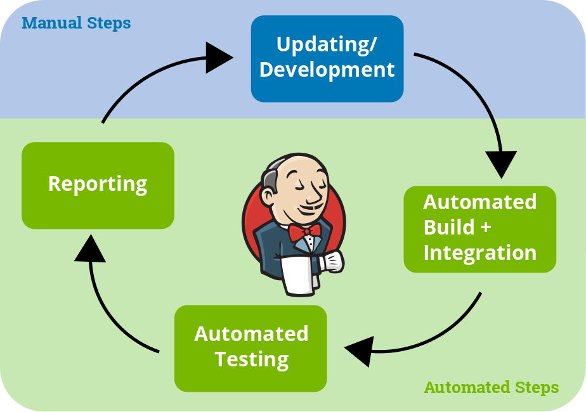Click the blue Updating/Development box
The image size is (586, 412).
point(327,59)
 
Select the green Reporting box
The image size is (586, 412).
point(98,185)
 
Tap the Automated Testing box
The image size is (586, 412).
point(251,349)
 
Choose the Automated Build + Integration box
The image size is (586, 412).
point(480,229)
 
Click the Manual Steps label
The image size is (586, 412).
point(76,23)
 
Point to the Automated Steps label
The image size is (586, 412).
point(492,387)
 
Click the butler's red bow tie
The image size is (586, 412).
point(304,231)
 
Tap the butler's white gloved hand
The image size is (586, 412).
point(330,262)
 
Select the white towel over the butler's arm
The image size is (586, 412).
point(298,274)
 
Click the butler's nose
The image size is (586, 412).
point(316,195)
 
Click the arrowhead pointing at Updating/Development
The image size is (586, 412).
point(219,58)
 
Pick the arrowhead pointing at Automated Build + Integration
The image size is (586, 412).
point(501,164)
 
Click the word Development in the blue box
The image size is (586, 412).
point(327,70)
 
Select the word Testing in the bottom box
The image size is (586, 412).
point(252,360)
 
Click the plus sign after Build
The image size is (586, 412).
point(485,228)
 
